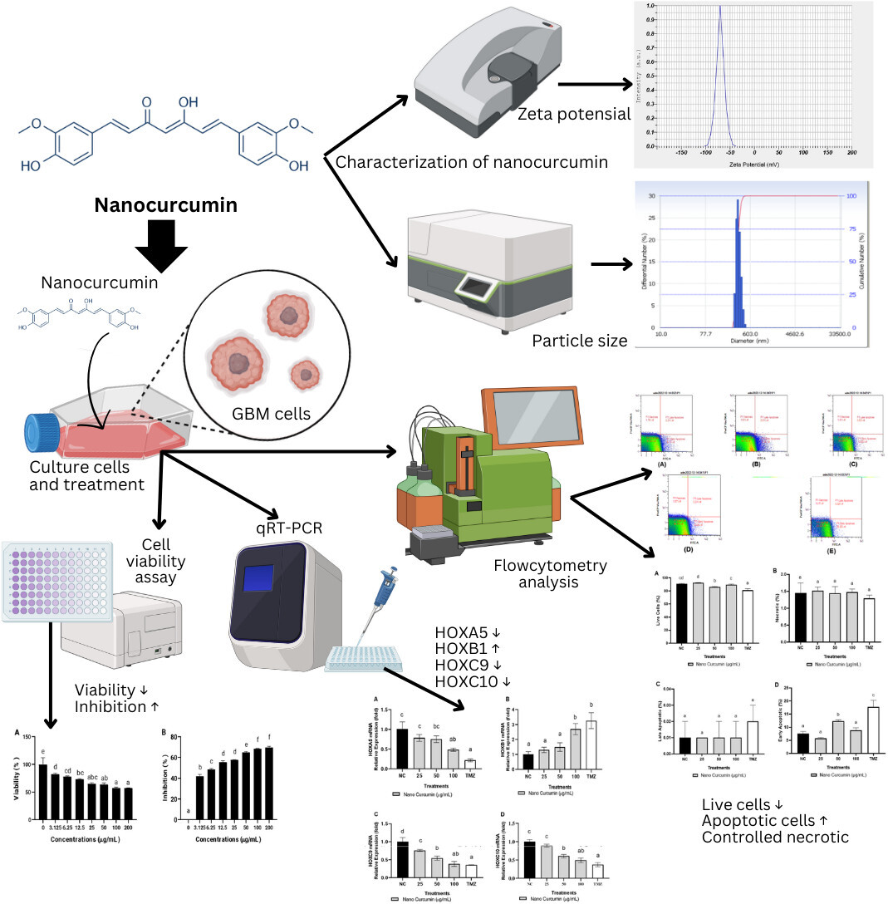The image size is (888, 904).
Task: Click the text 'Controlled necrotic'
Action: point(775,837)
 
